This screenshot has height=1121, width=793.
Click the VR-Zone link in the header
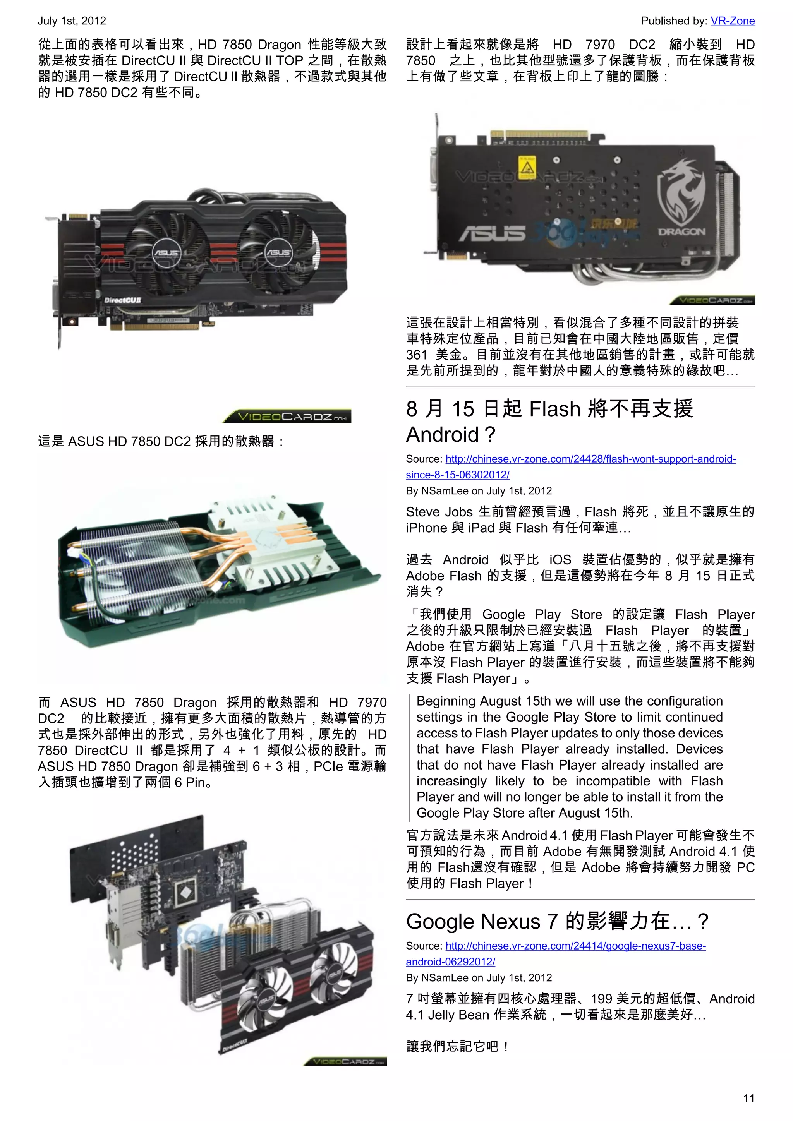click(733, 21)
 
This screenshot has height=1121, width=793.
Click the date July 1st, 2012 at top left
click(72, 21)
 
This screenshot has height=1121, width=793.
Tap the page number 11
click(748, 1098)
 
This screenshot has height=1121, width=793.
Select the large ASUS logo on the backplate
click(492, 234)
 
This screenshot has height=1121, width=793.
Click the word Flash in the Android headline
click(555, 409)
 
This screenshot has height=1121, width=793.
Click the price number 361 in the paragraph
click(417, 355)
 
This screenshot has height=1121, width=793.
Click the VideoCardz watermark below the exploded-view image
click(345, 1062)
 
